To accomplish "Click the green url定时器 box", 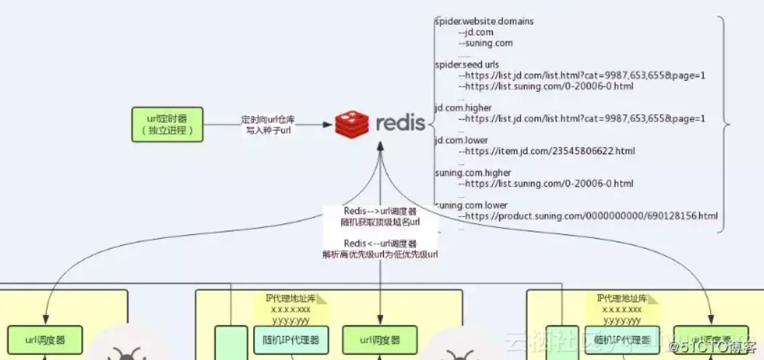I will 167,124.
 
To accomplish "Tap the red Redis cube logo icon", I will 352,124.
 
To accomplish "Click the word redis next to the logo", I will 401,123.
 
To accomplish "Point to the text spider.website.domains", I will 484,21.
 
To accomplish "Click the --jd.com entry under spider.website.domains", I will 477,32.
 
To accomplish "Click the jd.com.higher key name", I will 462,108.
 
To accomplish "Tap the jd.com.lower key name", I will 461,140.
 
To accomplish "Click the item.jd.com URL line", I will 547,151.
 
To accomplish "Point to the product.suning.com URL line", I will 588,216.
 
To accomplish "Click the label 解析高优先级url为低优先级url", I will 380,255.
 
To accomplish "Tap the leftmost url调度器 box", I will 45,340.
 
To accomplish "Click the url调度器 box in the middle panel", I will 379,340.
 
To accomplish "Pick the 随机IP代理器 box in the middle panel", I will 290,340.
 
